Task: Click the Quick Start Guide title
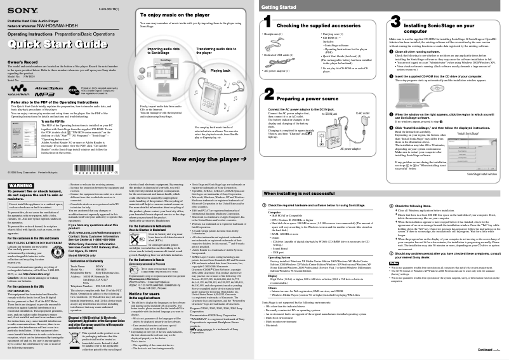click(62, 45)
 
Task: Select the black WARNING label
click(20, 167)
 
